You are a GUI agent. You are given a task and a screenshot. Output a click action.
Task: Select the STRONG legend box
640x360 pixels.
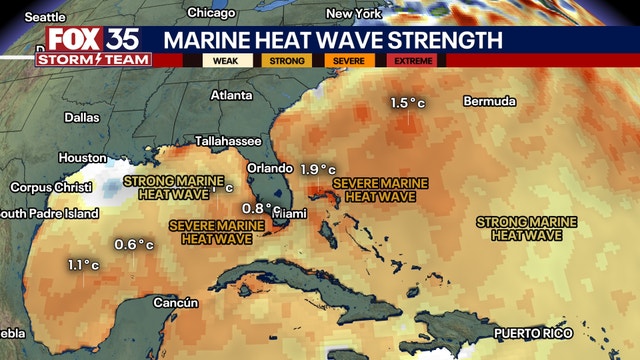click(x=285, y=60)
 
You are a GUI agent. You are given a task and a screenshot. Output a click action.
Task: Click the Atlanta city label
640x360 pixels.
click(x=232, y=95)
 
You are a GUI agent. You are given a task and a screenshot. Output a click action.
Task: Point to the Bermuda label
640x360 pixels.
click(x=489, y=102)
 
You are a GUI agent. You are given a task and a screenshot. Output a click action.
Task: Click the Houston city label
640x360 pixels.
click(x=82, y=158)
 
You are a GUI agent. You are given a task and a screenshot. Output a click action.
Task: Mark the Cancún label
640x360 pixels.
click(x=176, y=302)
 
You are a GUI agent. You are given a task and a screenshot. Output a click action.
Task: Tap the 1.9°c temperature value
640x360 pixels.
click(x=318, y=169)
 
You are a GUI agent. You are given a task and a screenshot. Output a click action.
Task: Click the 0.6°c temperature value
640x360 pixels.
click(x=134, y=244)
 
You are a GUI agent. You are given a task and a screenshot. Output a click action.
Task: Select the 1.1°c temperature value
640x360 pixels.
click(x=83, y=265)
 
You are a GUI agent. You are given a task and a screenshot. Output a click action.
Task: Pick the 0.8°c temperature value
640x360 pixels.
click(x=257, y=208)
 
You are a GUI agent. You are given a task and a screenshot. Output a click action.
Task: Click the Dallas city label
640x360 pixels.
click(x=82, y=117)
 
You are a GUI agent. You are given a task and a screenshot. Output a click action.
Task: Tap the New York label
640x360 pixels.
click(x=353, y=14)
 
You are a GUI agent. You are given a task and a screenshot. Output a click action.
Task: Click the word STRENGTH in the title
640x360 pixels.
click(x=445, y=41)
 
